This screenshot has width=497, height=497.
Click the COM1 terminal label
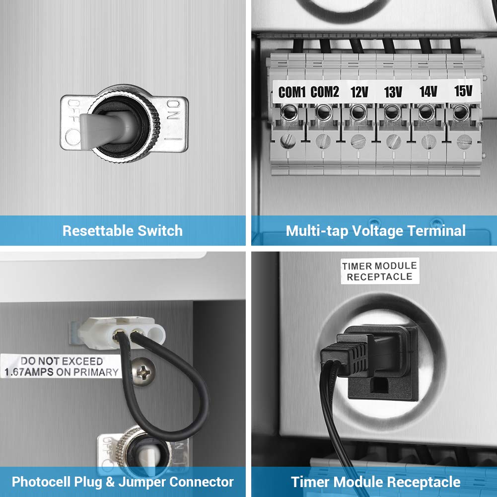[x=291, y=92]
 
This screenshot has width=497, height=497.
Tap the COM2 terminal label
[x=325, y=92]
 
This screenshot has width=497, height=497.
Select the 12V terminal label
[x=359, y=92]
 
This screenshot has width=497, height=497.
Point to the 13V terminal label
[x=393, y=92]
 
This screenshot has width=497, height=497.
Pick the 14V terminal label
[x=428, y=91]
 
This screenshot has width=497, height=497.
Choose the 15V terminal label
[x=463, y=91]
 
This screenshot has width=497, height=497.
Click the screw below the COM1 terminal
[x=288, y=141]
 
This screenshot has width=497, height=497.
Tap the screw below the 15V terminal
[x=464, y=142]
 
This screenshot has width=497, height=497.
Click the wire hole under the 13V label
[x=392, y=112]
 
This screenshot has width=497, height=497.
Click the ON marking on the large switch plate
[x=173, y=109]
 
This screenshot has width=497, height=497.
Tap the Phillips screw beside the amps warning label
[x=143, y=371]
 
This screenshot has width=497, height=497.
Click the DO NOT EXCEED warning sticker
[x=61, y=366]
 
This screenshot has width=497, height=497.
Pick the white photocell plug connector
[x=121, y=333]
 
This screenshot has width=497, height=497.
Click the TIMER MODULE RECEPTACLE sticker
[x=380, y=271]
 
